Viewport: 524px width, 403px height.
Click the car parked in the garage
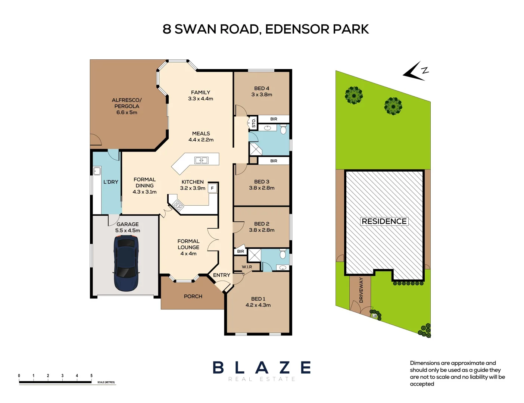tap(126, 263)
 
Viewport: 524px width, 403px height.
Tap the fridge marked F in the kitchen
tap(212, 188)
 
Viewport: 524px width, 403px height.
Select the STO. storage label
tap(253, 123)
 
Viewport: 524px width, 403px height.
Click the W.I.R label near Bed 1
tap(247, 267)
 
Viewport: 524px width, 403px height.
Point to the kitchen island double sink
tap(202, 160)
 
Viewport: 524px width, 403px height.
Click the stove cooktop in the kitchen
tap(178, 205)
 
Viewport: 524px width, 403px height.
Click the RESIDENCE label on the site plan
tap(384, 221)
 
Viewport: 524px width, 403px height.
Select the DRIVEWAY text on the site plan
tap(361, 290)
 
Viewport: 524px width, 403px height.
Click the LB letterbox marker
tap(374, 316)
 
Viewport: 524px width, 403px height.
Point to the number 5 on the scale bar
tap(91, 375)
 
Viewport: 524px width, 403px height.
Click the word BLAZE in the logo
tap(262, 368)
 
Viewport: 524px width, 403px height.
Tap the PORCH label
tap(193, 296)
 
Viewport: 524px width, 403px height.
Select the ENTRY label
tap(221, 275)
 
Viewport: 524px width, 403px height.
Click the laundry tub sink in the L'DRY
tap(97, 171)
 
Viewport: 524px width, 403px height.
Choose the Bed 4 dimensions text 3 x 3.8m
tap(262, 94)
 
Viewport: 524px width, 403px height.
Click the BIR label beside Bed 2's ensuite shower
tap(240, 251)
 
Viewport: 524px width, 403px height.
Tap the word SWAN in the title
tap(195, 29)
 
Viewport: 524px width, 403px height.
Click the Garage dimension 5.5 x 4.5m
tap(128, 231)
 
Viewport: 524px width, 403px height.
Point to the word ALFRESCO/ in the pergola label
tap(127, 100)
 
